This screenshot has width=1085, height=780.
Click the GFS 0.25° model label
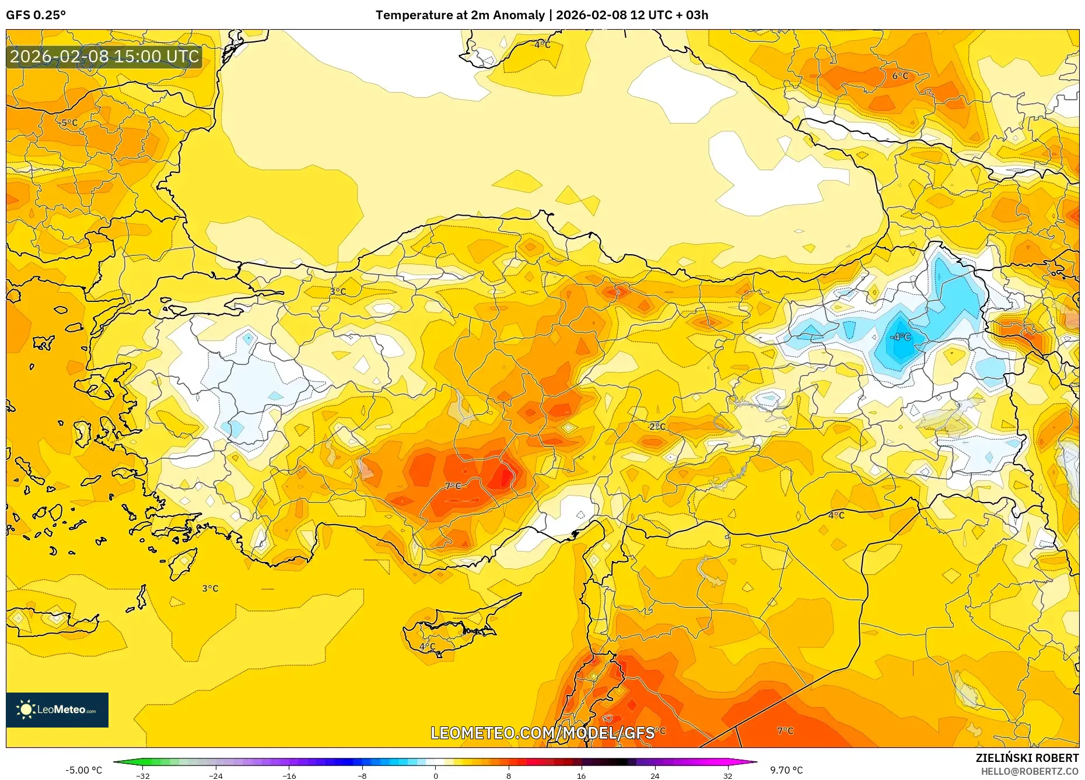pos(36,15)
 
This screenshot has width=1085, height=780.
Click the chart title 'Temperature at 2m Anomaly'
pos(460,15)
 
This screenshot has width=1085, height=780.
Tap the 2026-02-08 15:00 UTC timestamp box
pos(104,57)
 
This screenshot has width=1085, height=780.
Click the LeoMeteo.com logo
pos(57,709)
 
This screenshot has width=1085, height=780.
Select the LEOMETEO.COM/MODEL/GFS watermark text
pos(542,733)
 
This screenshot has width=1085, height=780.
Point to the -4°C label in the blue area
pos(900,337)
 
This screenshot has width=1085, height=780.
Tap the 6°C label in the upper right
pos(900,76)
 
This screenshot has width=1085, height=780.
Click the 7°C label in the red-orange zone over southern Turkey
pos(453,486)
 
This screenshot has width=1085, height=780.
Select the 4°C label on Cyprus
pos(427,647)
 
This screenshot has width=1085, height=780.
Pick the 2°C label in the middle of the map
pos(657,427)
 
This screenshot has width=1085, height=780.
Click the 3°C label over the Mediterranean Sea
pos(210,588)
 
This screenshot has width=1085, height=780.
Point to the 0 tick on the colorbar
pos(435,775)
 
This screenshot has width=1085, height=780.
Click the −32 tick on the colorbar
pos(143,775)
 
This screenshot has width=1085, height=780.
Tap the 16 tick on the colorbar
pos(581,775)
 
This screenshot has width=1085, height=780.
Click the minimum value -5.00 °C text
pos(83,770)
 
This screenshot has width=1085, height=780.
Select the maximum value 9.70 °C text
pos(786,770)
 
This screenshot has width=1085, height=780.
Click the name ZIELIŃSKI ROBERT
pos(1027,758)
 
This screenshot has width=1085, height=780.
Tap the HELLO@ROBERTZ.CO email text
pos(1029,771)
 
